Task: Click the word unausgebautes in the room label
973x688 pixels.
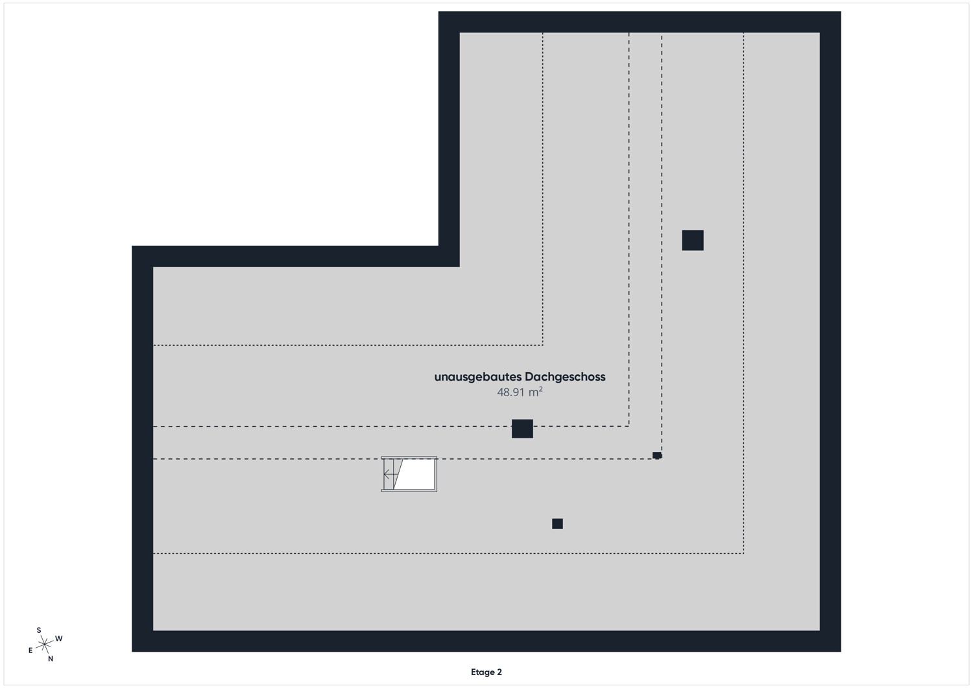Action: [478, 377]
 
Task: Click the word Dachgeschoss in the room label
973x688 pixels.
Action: [565, 377]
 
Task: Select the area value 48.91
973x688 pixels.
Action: [511, 392]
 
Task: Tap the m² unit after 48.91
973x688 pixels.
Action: [536, 392]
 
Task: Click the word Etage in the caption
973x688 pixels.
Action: [483, 672]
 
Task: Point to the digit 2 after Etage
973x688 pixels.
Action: [499, 672]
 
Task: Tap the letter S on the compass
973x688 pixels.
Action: [39, 630]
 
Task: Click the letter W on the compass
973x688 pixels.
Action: [59, 639]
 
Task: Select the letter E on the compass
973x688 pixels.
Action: [30, 650]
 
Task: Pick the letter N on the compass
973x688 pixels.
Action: [51, 658]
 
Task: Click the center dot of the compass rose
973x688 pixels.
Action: [44, 644]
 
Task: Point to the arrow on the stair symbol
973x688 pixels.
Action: [390, 474]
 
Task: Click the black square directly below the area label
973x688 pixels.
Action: [522, 429]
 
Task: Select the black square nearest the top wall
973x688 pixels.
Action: [692, 240]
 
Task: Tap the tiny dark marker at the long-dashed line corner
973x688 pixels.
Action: [657, 455]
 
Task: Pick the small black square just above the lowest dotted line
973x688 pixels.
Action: [557, 524]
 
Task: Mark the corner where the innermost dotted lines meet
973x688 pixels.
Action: [542, 346]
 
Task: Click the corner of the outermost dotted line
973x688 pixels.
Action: [743, 553]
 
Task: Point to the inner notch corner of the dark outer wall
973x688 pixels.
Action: [459, 267]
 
